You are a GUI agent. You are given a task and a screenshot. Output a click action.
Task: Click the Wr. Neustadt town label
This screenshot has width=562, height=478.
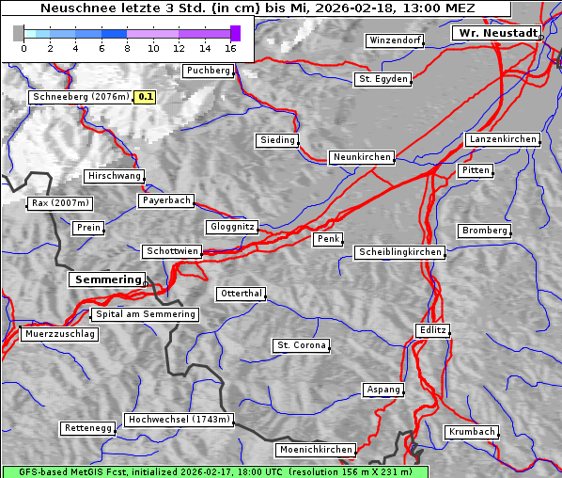[496, 33]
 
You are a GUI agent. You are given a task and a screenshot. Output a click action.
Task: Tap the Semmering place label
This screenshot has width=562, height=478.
[107, 279]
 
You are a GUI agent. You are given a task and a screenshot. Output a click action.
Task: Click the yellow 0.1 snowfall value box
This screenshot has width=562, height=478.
[146, 97]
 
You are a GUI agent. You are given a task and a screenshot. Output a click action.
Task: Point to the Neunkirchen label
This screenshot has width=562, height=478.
[361, 157]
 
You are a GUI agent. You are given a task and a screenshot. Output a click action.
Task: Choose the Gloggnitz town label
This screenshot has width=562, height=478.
[230, 228]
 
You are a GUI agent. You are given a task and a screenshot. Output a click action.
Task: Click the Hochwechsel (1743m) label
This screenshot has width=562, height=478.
[179, 420]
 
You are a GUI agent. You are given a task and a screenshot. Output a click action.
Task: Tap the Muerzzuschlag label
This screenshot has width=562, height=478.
[59, 334]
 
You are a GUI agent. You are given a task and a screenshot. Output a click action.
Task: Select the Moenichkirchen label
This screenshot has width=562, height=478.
[316, 450]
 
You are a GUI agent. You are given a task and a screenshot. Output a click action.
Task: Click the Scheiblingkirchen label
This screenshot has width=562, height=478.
[398, 252]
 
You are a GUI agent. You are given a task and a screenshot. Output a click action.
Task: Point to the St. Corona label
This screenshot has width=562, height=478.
[301, 345]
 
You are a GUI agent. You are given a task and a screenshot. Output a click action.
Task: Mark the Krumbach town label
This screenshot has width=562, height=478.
[471, 432]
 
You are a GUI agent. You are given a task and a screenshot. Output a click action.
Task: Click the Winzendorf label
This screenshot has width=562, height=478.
[395, 41]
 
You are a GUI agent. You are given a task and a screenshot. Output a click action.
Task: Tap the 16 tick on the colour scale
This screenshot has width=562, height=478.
[230, 48]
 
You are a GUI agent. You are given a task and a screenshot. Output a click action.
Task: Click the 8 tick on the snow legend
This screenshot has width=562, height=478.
[127, 48]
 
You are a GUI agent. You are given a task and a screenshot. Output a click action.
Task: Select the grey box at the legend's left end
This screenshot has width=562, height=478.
[19, 33]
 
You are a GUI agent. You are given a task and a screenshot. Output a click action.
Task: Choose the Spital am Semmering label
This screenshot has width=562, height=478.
[145, 314]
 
